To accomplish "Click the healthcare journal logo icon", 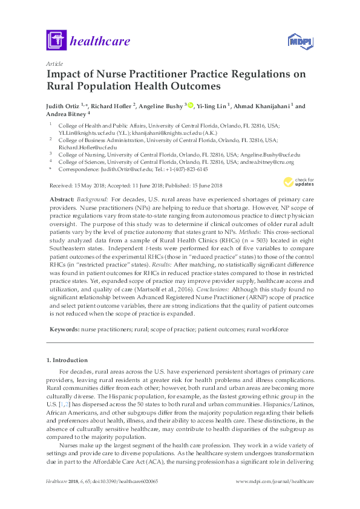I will click(56, 41).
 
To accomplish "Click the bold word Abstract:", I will click(61, 198).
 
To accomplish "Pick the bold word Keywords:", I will click(63, 329).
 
